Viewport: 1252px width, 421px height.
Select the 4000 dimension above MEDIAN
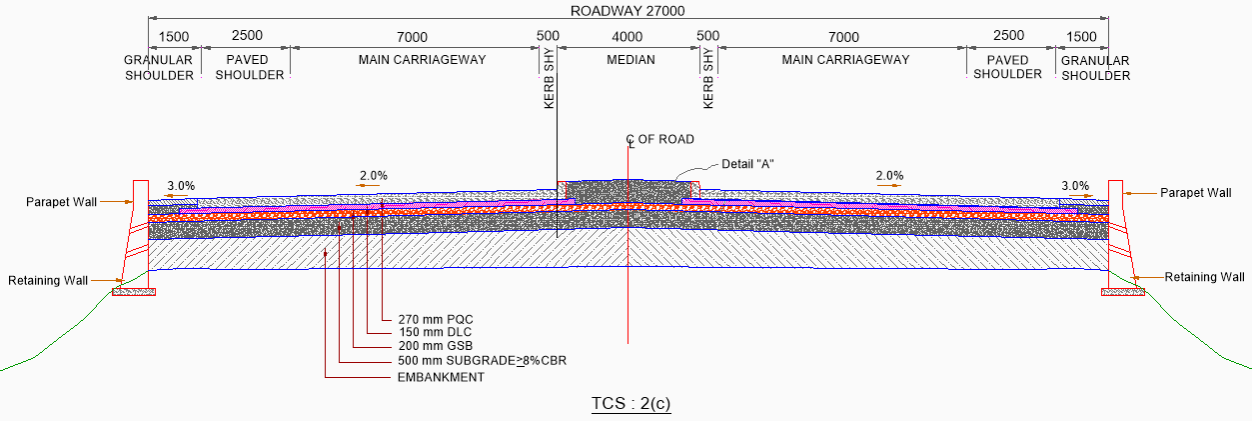click(x=626, y=37)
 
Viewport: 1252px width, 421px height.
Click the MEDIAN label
click(x=630, y=60)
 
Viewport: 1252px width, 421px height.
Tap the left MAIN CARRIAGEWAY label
click(x=422, y=60)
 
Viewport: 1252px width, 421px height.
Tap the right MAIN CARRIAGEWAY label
click(x=845, y=60)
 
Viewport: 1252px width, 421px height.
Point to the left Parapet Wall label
click(x=62, y=202)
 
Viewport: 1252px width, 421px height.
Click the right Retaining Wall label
click(x=1204, y=277)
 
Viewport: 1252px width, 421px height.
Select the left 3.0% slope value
click(x=181, y=186)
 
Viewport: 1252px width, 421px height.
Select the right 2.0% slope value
click(x=889, y=176)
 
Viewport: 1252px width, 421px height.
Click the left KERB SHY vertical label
click(x=549, y=81)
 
